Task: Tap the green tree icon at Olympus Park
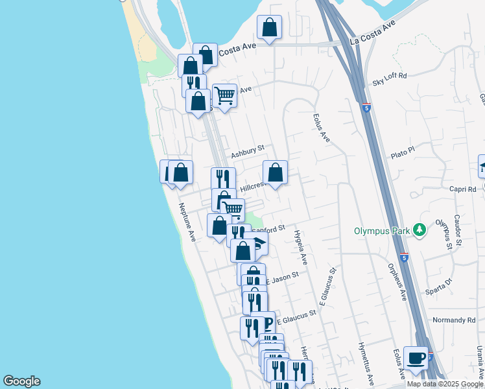(x=420, y=230)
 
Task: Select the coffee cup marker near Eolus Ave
(x=416, y=358)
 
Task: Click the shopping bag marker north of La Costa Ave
(x=269, y=28)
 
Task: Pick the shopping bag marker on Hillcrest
(x=275, y=173)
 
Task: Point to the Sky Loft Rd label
(x=389, y=76)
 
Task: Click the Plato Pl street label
(x=402, y=152)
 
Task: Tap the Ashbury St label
(x=247, y=152)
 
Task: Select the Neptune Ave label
(x=187, y=223)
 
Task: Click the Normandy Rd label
(x=454, y=320)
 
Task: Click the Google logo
(x=21, y=381)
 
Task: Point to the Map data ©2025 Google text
(x=445, y=384)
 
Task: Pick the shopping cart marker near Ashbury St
(x=224, y=95)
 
